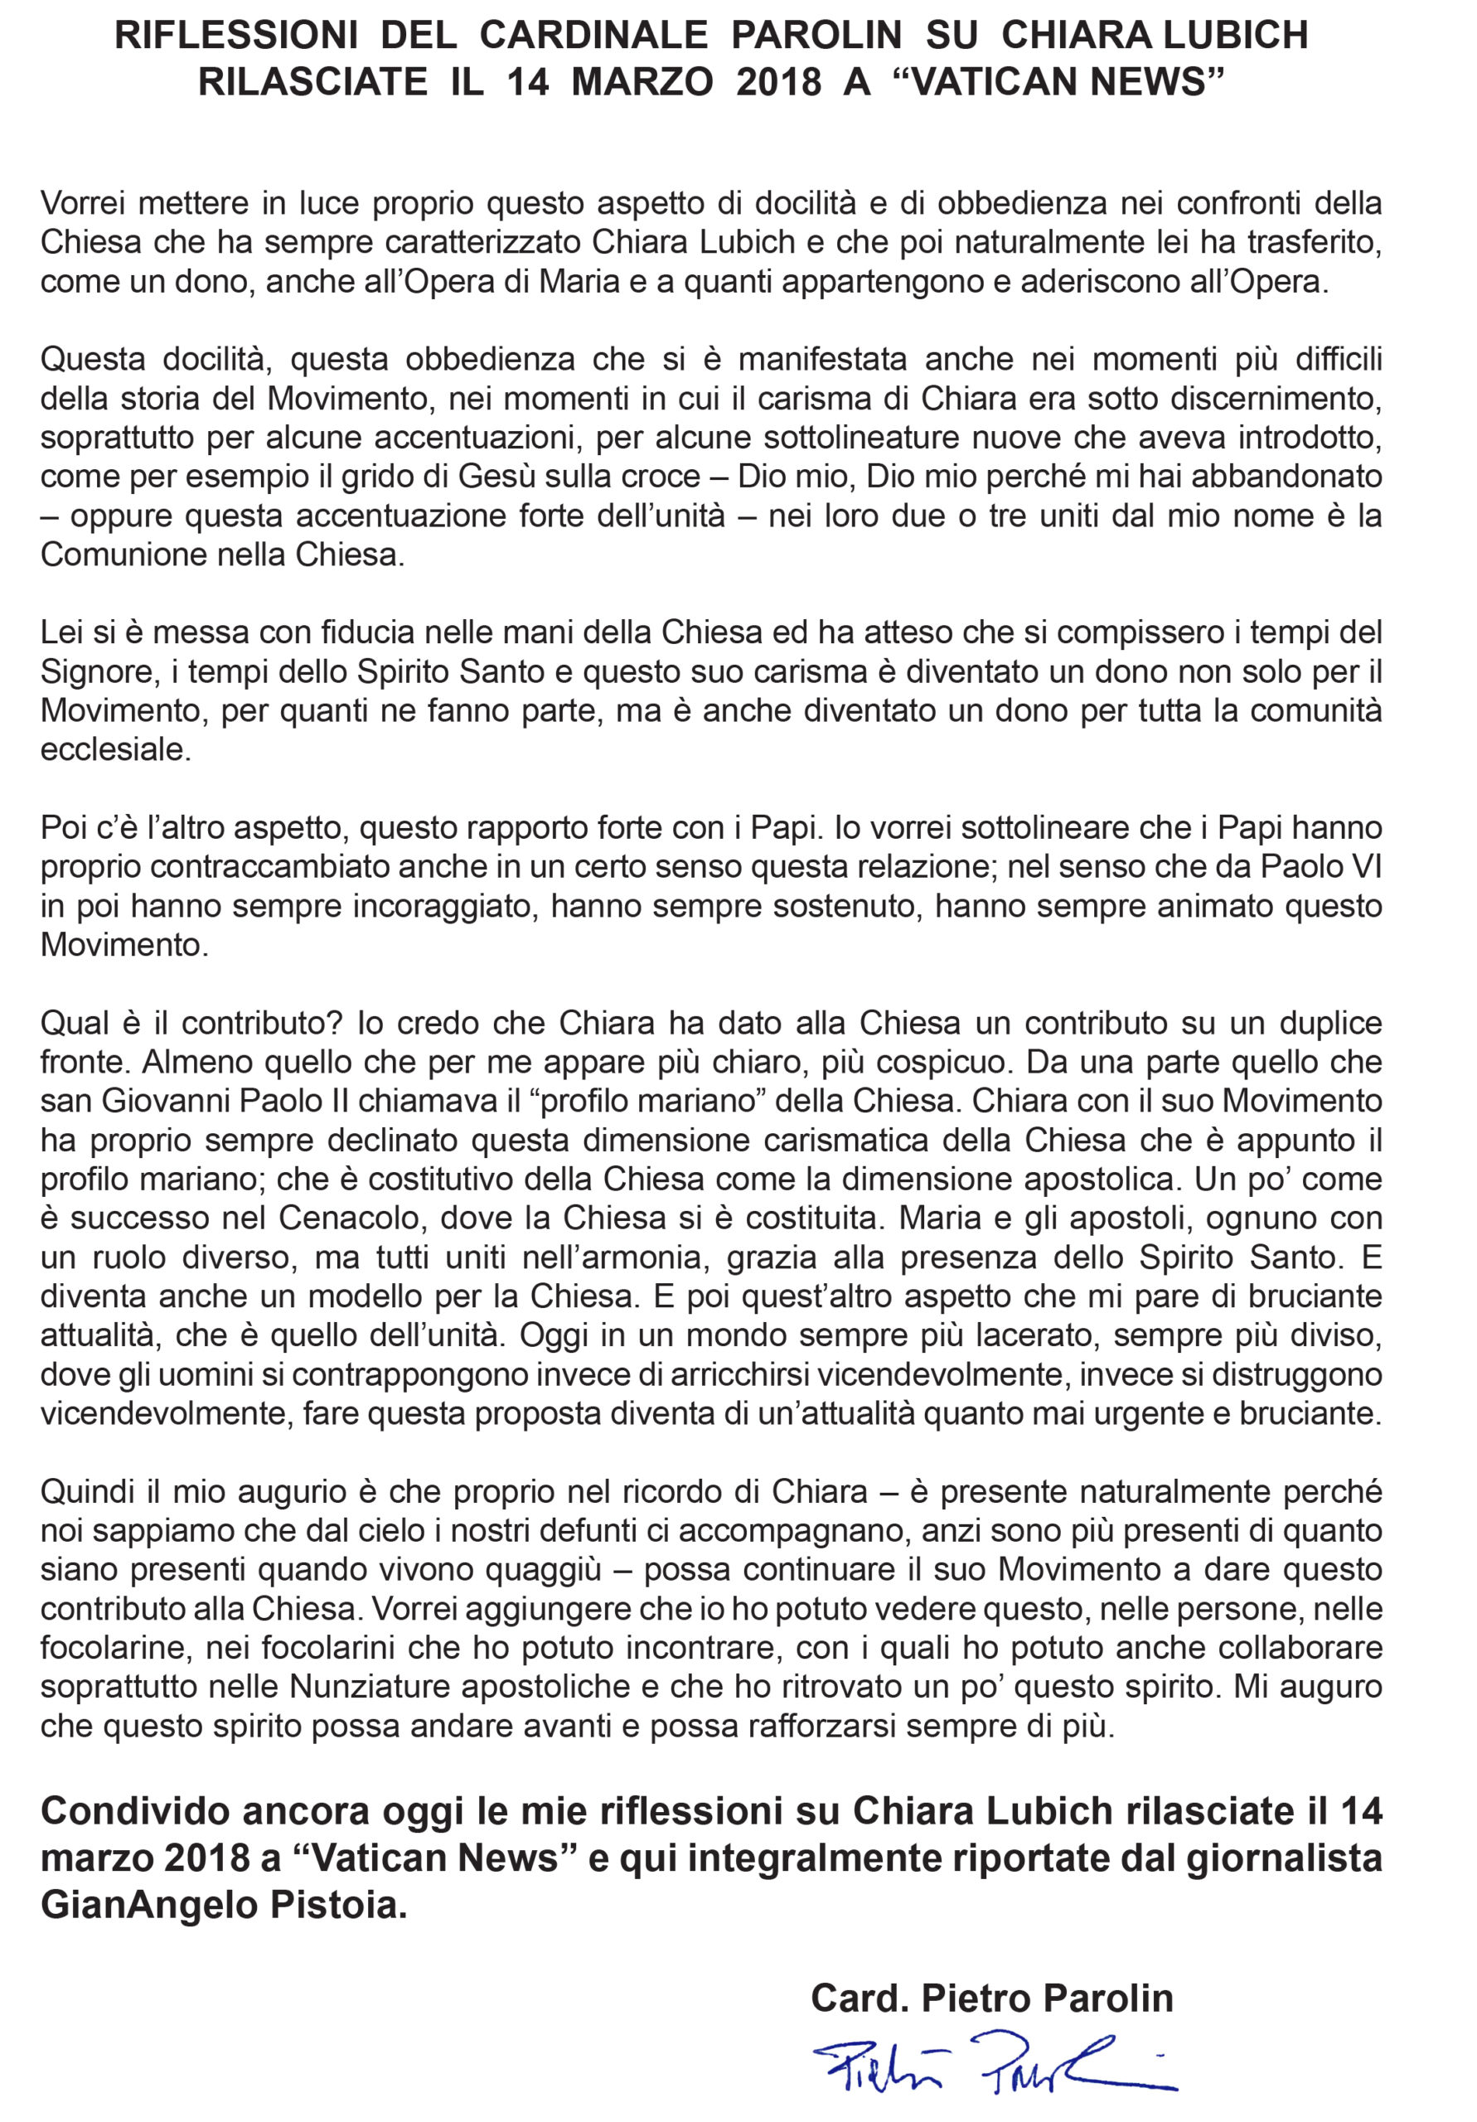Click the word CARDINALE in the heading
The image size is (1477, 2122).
coord(593,35)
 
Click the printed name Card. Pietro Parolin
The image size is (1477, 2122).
coord(992,1998)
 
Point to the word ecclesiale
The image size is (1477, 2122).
coord(114,749)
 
